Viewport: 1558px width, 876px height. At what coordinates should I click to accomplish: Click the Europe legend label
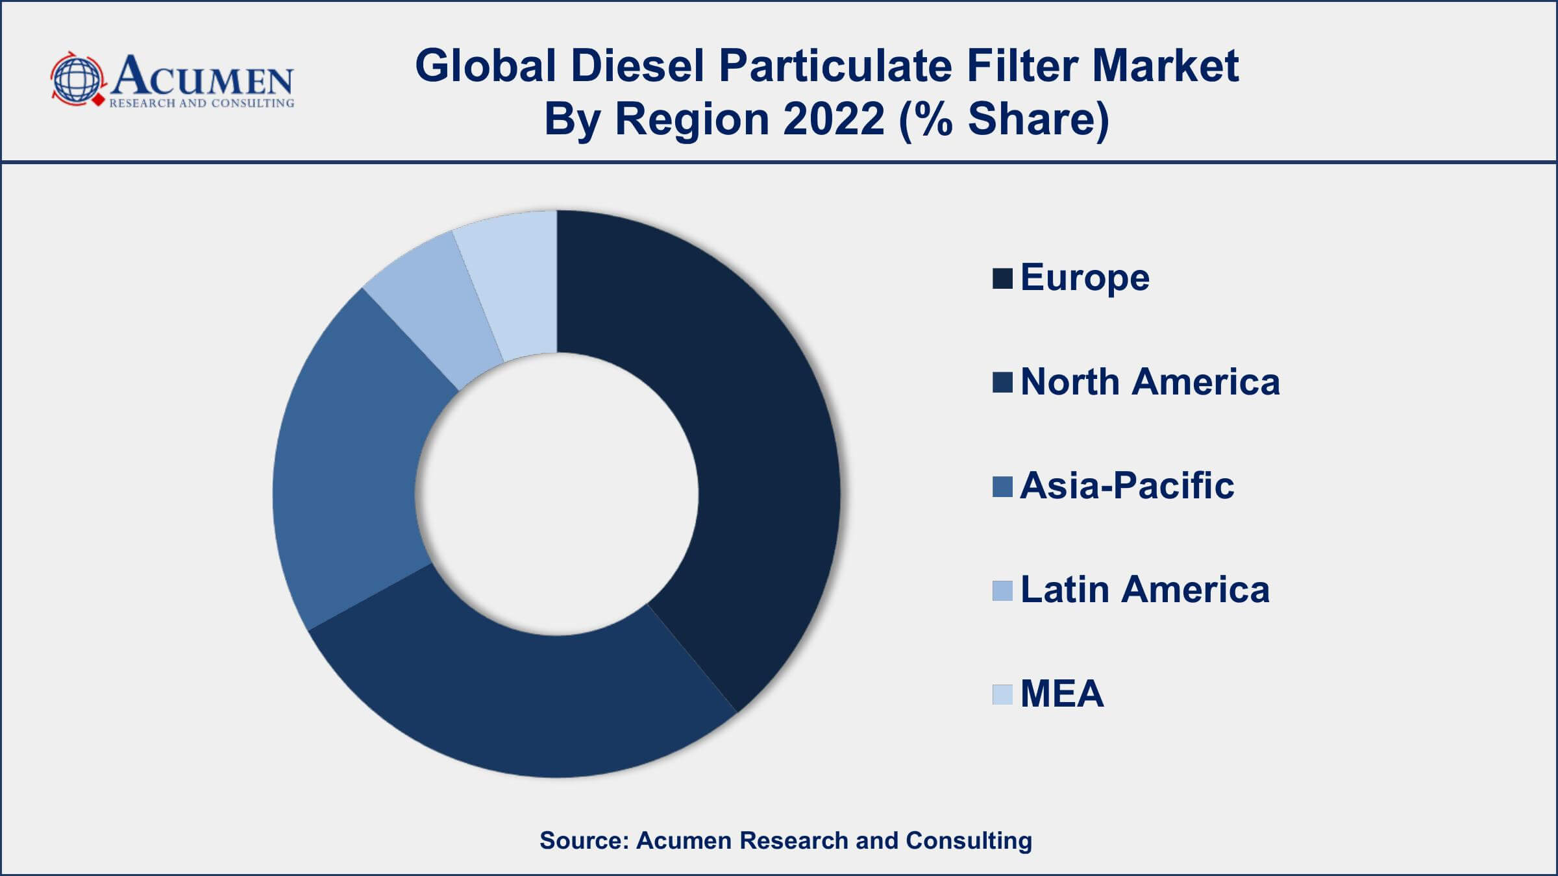(x=1085, y=278)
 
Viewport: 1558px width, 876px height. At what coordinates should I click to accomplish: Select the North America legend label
(x=1150, y=382)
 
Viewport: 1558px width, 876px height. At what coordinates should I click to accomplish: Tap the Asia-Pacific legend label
(x=1127, y=485)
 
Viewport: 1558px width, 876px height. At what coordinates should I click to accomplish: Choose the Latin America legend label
(x=1144, y=589)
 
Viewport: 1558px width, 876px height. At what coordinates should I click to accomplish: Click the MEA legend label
(x=1062, y=693)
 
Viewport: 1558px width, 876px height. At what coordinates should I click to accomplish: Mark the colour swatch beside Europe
(x=1002, y=278)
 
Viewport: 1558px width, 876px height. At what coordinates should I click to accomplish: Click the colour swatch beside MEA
(x=1002, y=694)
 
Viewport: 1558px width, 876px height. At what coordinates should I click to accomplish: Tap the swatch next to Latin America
(x=1002, y=590)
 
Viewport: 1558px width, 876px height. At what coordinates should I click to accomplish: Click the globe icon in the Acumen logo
(x=77, y=79)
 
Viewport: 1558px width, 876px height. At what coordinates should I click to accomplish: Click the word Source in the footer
(x=584, y=840)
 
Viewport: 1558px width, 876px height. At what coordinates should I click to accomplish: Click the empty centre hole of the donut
(x=556, y=494)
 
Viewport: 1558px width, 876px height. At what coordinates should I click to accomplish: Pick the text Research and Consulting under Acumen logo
(x=201, y=103)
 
